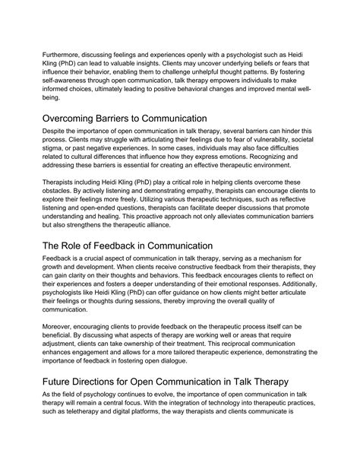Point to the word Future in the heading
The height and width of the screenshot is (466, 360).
pyautogui.click(x=42, y=401)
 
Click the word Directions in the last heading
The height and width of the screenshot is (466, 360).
pyautogui.click(x=96, y=401)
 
